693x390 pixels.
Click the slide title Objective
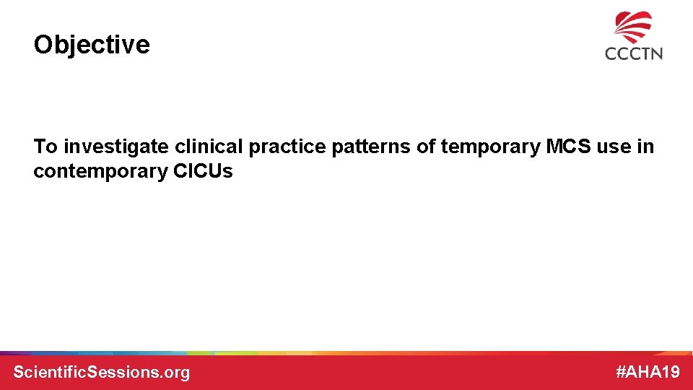pyautogui.click(x=92, y=45)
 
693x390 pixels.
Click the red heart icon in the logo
pyautogui.click(x=633, y=27)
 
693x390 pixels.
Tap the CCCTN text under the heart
pyautogui.click(x=634, y=53)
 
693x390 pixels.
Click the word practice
pyautogui.click(x=286, y=147)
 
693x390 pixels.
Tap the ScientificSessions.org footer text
pyautogui.click(x=102, y=373)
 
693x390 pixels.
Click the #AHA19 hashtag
pyautogui.click(x=648, y=373)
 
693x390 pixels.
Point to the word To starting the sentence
pyautogui.click(x=45, y=147)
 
